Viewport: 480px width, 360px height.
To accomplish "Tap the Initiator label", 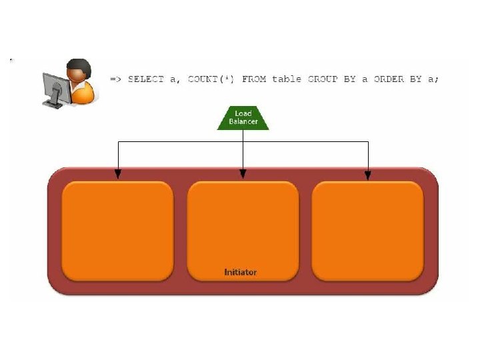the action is [x=240, y=272].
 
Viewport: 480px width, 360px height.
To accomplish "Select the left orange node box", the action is [x=117, y=231].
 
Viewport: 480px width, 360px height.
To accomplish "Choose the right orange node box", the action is [x=368, y=231].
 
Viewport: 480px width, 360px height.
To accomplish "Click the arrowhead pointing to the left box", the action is [x=118, y=175].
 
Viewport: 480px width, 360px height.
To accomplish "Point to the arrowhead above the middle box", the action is [x=243, y=175].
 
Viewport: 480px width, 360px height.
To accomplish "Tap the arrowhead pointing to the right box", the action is [x=367, y=175].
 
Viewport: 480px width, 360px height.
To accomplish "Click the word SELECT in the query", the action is [x=145, y=79].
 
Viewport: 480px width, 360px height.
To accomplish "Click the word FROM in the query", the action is [x=254, y=79].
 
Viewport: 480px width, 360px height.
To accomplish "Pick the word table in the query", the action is [x=287, y=79].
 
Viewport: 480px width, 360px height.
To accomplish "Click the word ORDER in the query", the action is [x=389, y=79].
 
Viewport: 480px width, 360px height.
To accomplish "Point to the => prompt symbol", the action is [x=115, y=79].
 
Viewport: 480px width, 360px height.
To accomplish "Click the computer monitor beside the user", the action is [x=53, y=87].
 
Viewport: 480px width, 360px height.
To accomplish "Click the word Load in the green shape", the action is [x=243, y=113].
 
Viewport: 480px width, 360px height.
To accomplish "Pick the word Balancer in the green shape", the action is [x=243, y=121].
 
